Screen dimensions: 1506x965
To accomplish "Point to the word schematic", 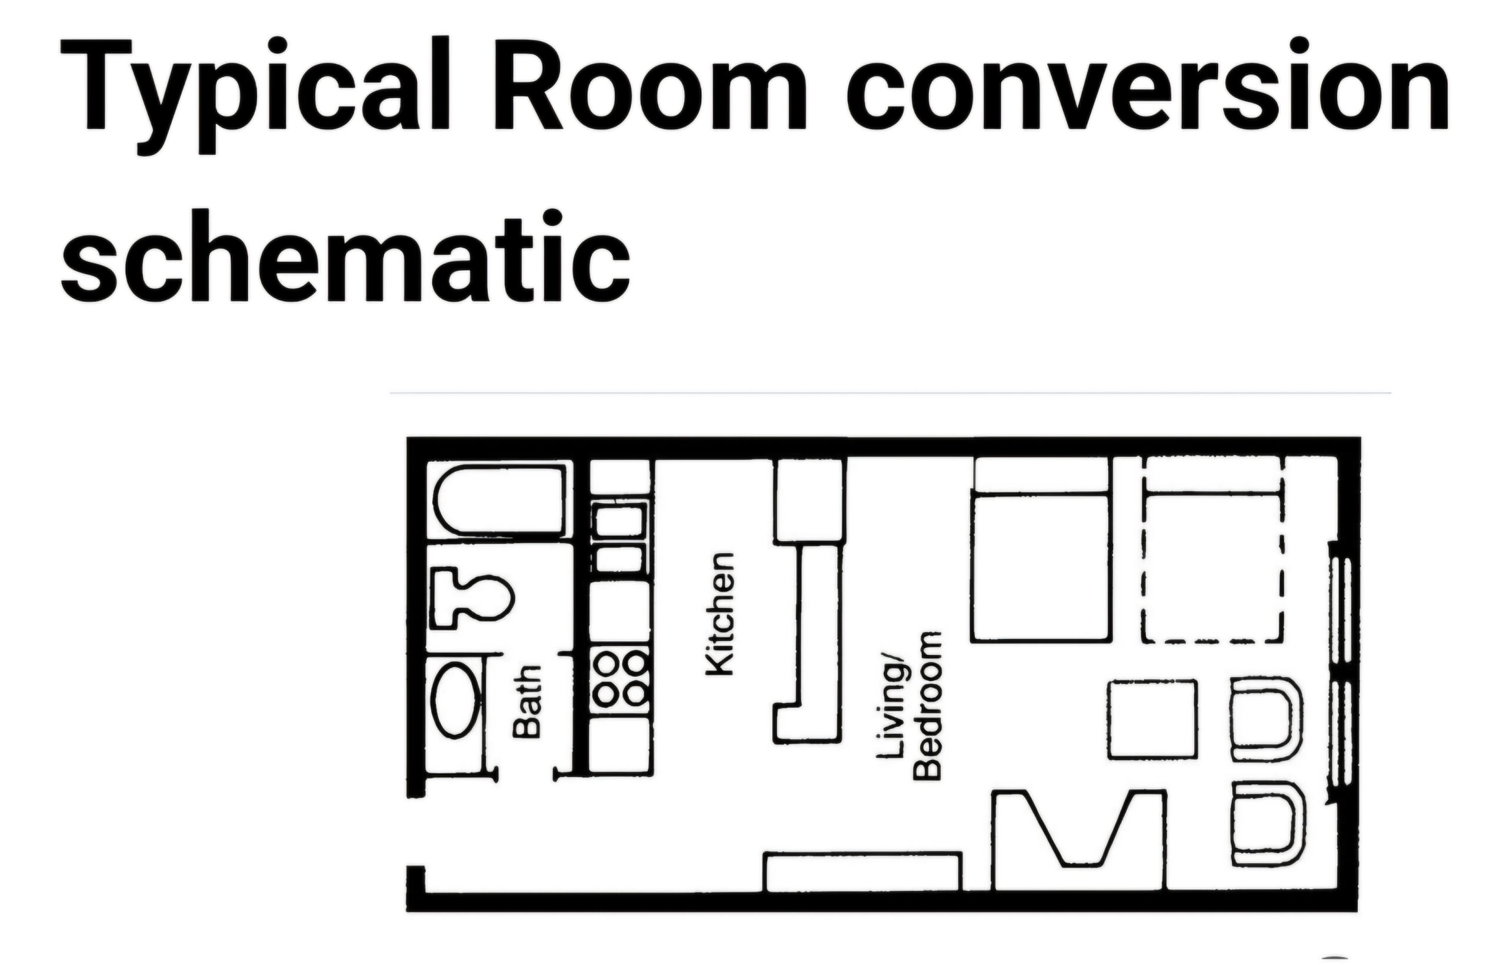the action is pyautogui.click(x=345, y=257).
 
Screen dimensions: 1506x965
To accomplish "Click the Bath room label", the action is pyautogui.click(x=527, y=701).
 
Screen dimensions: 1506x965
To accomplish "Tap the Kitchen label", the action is pyautogui.click(x=719, y=614).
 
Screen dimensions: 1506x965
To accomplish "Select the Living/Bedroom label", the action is pyautogui.click(x=909, y=706).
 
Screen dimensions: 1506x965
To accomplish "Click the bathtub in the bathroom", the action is pyautogui.click(x=499, y=500).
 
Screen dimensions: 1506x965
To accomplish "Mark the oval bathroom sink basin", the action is pyautogui.click(x=457, y=700).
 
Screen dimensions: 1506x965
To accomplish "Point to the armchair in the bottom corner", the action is pyautogui.click(x=1268, y=824).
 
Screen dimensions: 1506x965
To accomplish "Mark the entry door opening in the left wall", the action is pyautogui.click(x=415, y=831).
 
